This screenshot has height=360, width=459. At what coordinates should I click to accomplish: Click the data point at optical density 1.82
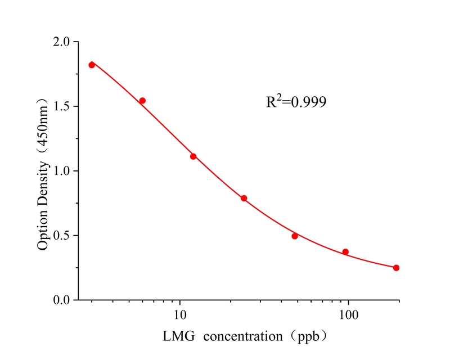[92, 65]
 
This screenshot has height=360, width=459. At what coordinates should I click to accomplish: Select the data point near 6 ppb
[142, 101]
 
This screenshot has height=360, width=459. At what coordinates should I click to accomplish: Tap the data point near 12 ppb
[193, 156]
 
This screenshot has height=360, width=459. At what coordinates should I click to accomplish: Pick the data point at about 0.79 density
[244, 198]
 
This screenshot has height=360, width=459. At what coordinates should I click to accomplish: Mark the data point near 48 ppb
[295, 236]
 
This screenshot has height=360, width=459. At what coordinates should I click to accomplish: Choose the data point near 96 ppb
[345, 252]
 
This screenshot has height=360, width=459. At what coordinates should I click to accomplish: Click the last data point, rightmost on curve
[396, 268]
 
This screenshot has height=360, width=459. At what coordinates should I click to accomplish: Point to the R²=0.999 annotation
[296, 102]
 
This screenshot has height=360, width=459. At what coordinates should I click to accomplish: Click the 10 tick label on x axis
[180, 313]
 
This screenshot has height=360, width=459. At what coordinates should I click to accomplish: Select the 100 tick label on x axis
[349, 313]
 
